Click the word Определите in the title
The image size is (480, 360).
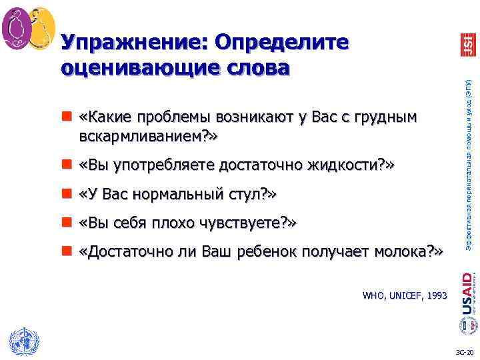pyautogui.click(x=279, y=42)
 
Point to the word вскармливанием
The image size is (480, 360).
pyautogui.click(x=147, y=137)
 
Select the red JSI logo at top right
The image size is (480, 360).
pyautogui.click(x=467, y=45)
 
